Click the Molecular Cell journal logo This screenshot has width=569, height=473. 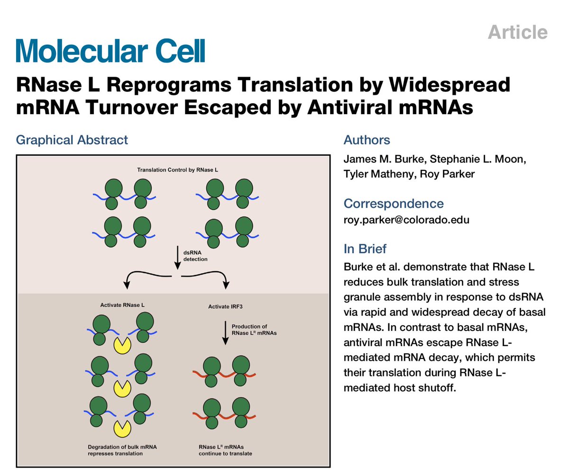click(110, 51)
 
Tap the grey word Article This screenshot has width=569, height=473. click(517, 32)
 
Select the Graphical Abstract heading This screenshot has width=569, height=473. click(72, 140)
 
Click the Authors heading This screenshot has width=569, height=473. click(367, 140)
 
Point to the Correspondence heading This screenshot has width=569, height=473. click(394, 204)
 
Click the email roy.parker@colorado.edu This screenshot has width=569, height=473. click(406, 220)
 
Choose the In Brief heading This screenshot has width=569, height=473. click(365, 249)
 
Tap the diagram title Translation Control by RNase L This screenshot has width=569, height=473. click(173, 169)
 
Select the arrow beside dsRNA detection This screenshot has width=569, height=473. click(177, 256)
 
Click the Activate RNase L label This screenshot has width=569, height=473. click(122, 305)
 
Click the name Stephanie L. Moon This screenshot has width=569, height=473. click(480, 160)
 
